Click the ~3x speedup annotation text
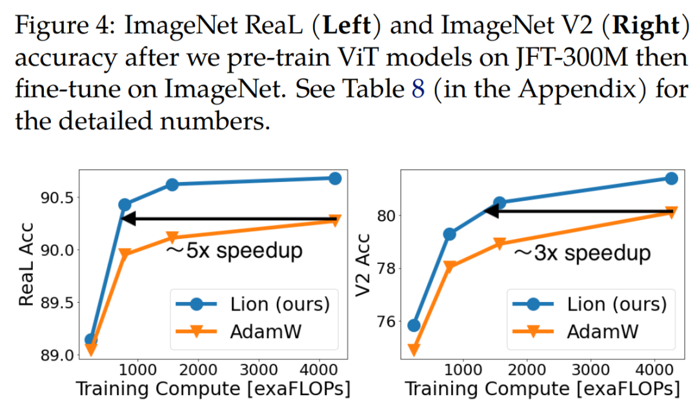click(581, 252)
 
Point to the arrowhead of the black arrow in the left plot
click(127, 219)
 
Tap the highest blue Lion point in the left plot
click(334, 178)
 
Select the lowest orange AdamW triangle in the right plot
click(414, 350)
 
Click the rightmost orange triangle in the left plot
click(334, 221)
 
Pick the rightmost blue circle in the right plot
click(671, 178)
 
